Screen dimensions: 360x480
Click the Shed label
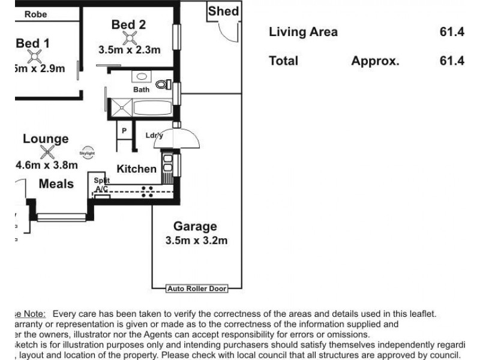pos(224,11)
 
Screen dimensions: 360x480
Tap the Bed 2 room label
pos(128,25)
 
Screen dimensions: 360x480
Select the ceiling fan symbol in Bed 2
pos(128,38)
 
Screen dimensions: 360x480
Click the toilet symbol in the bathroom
pos(161,85)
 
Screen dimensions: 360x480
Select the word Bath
pos(141,89)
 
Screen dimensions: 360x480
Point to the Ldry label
pos(154,136)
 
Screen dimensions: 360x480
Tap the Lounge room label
pos(46,139)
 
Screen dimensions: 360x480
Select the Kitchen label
pos(136,169)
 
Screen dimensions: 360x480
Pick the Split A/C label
pos(101,184)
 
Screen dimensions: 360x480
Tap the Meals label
pos(56,184)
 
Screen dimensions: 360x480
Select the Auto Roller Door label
pos(197,289)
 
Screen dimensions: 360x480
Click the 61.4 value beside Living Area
pos(452,32)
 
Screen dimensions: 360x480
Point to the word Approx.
pos(376,61)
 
